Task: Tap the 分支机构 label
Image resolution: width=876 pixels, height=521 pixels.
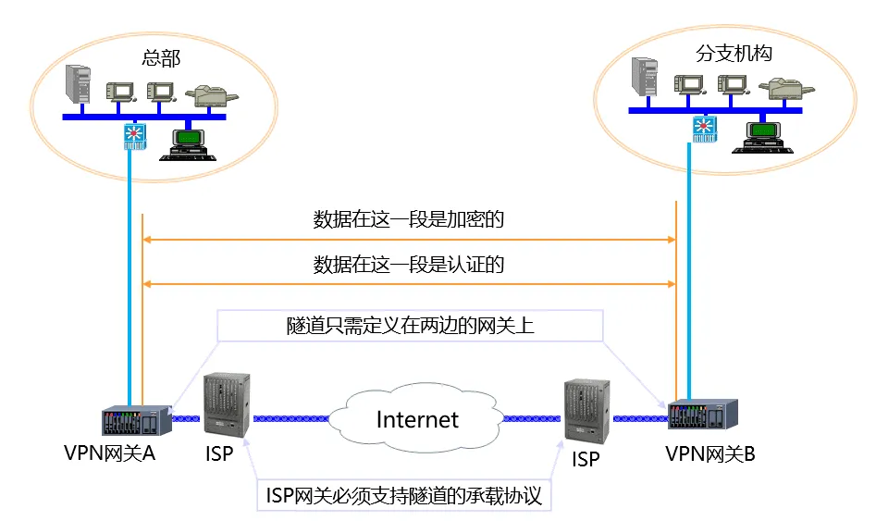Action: (x=734, y=53)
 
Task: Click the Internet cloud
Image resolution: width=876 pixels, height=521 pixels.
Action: (x=417, y=419)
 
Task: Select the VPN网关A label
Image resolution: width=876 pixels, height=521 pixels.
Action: (x=110, y=453)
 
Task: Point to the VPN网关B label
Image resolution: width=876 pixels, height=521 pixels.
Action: (x=710, y=453)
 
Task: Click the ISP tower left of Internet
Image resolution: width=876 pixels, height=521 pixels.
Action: (x=227, y=405)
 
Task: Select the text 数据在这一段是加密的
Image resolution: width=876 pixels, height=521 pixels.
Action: (x=409, y=219)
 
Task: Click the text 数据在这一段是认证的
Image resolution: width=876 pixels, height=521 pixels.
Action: (x=409, y=266)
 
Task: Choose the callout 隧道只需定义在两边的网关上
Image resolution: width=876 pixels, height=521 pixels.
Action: (x=411, y=325)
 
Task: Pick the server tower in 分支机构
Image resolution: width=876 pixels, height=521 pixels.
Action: (x=644, y=79)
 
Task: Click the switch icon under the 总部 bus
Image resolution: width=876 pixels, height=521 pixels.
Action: (x=135, y=135)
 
